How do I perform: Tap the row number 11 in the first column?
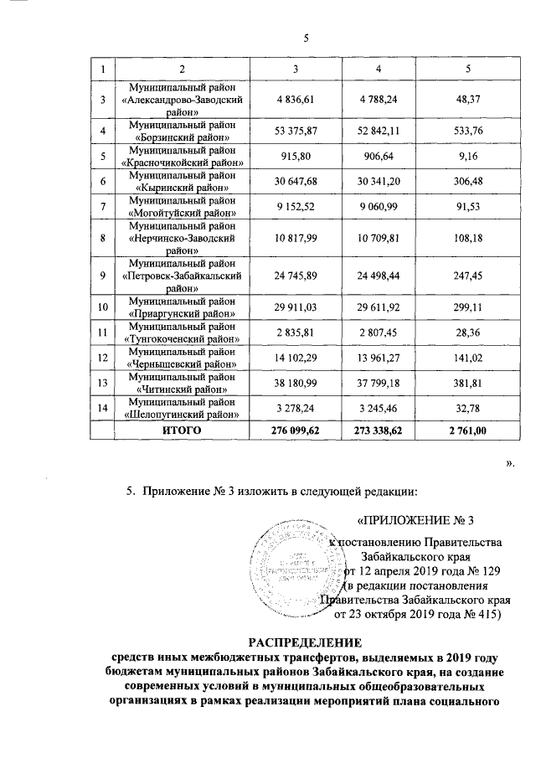point(103,333)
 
